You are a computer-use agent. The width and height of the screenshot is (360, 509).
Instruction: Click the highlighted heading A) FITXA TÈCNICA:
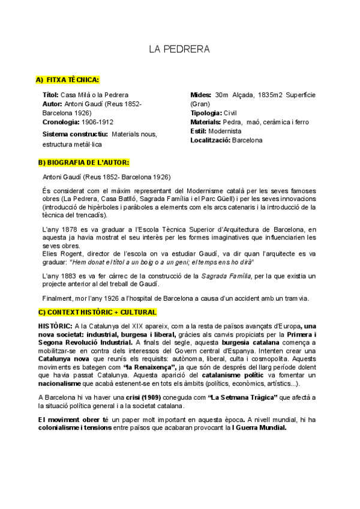(x=68, y=80)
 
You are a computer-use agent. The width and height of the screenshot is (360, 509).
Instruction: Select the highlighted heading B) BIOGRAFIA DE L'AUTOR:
(x=83, y=162)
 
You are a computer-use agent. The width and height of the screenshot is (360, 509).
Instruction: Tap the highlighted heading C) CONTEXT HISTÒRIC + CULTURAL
(x=97, y=312)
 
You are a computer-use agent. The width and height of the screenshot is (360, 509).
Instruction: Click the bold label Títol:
(x=51, y=95)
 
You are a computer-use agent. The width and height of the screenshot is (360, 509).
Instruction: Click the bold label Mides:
(x=200, y=95)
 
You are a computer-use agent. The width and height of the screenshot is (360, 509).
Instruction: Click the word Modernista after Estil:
(x=226, y=131)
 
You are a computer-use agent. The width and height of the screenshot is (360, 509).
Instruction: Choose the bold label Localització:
(x=210, y=140)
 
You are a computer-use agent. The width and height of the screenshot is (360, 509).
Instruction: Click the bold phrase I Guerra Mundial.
(x=259, y=428)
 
